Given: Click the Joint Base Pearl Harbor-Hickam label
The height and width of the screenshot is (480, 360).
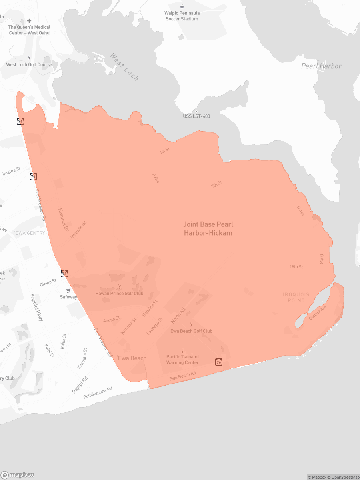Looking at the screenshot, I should click(208, 229).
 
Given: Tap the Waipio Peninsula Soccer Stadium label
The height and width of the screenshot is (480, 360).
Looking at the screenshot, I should click(182, 16).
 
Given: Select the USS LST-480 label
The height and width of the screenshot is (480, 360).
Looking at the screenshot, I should click(196, 116).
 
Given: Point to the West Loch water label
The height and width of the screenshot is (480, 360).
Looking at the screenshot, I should click(124, 67).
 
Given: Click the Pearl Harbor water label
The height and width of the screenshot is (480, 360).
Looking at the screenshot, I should click(321, 66).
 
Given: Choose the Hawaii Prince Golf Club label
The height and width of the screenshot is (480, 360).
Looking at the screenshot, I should click(119, 293).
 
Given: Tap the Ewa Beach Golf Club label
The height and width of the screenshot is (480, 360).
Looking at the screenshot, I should click(191, 331).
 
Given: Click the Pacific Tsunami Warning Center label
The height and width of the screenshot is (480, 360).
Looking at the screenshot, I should click(182, 359).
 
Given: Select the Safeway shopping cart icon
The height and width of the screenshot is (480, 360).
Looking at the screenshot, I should click(68, 291).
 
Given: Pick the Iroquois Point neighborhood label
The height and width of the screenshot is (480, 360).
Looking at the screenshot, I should click(294, 298).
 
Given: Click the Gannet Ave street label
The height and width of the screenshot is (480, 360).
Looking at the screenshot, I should click(318, 312).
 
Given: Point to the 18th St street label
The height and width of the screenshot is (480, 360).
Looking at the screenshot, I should click(296, 267).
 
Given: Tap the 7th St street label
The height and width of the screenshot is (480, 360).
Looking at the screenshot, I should click(216, 184).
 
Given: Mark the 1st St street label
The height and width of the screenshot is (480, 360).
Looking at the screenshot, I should click(165, 151).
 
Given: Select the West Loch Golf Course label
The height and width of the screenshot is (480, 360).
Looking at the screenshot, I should click(29, 64).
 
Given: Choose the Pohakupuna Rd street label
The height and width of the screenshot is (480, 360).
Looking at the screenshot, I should click(98, 393).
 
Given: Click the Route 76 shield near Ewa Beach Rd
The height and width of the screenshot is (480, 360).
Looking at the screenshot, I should click(218, 362).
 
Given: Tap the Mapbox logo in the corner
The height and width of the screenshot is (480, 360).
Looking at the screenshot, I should click(18, 475).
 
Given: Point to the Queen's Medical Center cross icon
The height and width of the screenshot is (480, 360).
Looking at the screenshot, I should click(29, 21).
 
